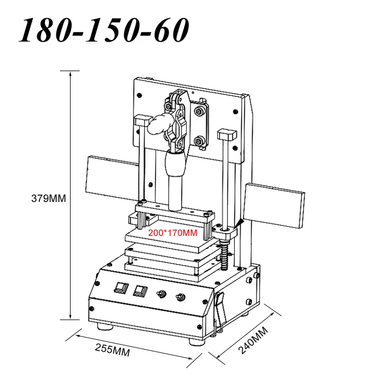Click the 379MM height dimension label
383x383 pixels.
coord(49,198)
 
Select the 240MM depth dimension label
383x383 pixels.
coord(253,340)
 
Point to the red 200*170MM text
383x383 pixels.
coord(173,233)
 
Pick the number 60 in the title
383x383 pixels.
coord(170,30)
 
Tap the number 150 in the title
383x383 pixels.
coord(113,30)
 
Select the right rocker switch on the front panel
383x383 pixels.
coord(141,291)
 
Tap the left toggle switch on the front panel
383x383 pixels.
coord(161,294)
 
